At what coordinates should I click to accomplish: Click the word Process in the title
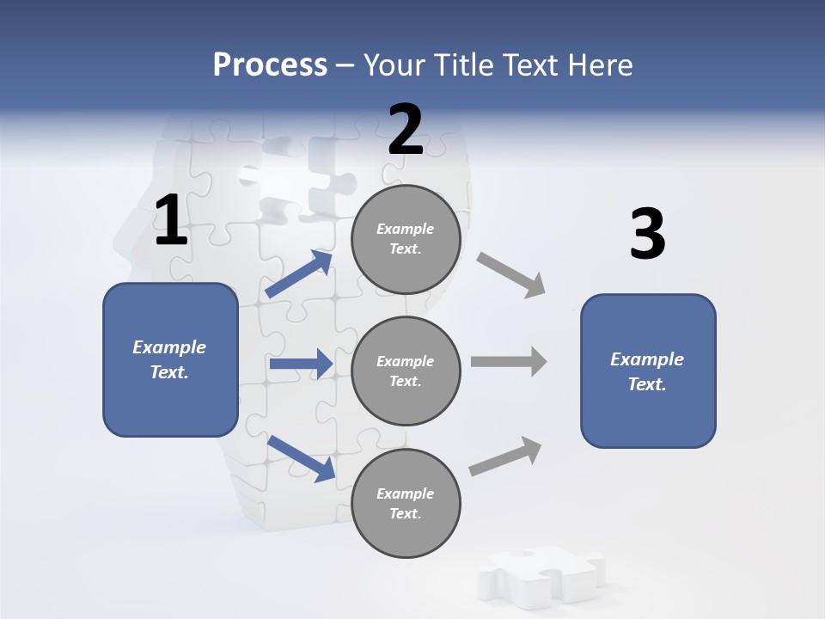(270, 64)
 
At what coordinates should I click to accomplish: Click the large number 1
(171, 221)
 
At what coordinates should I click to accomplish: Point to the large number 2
(406, 130)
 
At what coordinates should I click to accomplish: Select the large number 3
(647, 235)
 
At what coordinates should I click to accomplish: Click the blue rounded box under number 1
(170, 359)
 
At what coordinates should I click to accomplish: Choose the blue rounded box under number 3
(648, 371)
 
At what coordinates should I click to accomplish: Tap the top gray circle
(406, 239)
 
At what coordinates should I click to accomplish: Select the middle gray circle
(406, 371)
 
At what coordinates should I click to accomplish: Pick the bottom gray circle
(406, 504)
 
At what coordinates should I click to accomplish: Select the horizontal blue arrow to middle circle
(300, 364)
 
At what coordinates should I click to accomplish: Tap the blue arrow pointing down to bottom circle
(300, 457)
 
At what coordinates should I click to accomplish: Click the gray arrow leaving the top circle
(511, 274)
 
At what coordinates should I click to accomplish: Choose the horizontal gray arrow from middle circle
(509, 362)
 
